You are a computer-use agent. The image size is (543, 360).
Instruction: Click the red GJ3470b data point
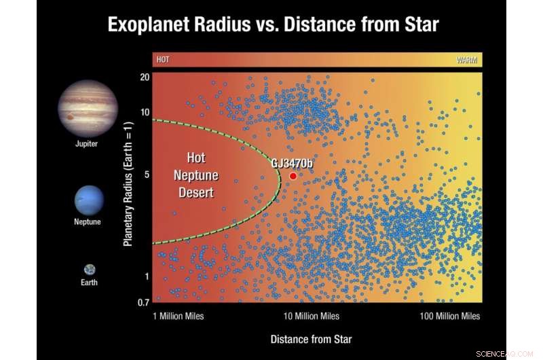click(x=293, y=176)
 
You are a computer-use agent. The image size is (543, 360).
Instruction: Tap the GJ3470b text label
click(x=293, y=163)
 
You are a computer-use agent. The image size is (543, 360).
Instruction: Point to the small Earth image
click(x=90, y=270)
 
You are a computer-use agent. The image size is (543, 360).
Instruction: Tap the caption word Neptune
click(x=88, y=222)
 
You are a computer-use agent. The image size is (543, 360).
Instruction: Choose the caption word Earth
click(x=89, y=283)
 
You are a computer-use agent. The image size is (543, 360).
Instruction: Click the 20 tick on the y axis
click(x=145, y=77)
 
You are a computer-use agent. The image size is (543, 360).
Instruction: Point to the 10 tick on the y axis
click(x=145, y=111)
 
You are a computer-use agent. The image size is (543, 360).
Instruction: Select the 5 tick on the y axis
click(x=146, y=175)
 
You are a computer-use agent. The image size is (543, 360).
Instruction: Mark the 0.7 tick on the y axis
click(x=143, y=302)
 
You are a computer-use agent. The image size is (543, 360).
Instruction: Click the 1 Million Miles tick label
click(x=179, y=317)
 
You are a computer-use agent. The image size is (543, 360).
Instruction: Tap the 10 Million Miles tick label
click(x=311, y=317)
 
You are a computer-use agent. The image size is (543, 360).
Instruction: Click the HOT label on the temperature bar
click(x=163, y=60)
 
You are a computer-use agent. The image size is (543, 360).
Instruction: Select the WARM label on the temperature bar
click(x=466, y=60)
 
